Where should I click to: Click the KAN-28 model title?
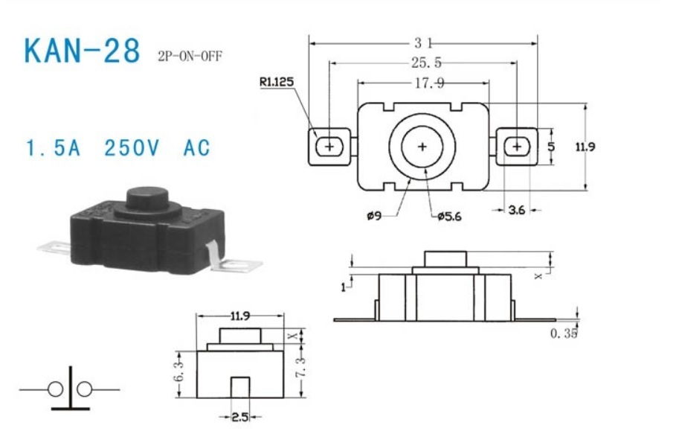[82, 51]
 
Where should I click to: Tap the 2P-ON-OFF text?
[190, 57]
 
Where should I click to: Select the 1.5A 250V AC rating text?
[118, 148]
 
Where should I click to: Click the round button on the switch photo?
[147, 199]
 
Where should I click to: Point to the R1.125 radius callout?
[277, 82]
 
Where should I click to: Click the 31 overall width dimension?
[423, 43]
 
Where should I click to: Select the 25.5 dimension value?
[426, 63]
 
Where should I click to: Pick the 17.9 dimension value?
[429, 83]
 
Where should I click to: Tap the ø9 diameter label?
[374, 215]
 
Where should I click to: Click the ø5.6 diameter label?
[450, 216]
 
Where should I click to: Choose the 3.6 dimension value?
[516, 210]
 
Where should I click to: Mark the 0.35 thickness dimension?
[564, 333]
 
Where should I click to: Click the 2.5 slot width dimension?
[240, 417]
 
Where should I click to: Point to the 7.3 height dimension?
[301, 367]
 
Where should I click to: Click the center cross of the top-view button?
[422, 147]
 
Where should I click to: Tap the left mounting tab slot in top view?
[329, 147]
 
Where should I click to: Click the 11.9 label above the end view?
[240, 316]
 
